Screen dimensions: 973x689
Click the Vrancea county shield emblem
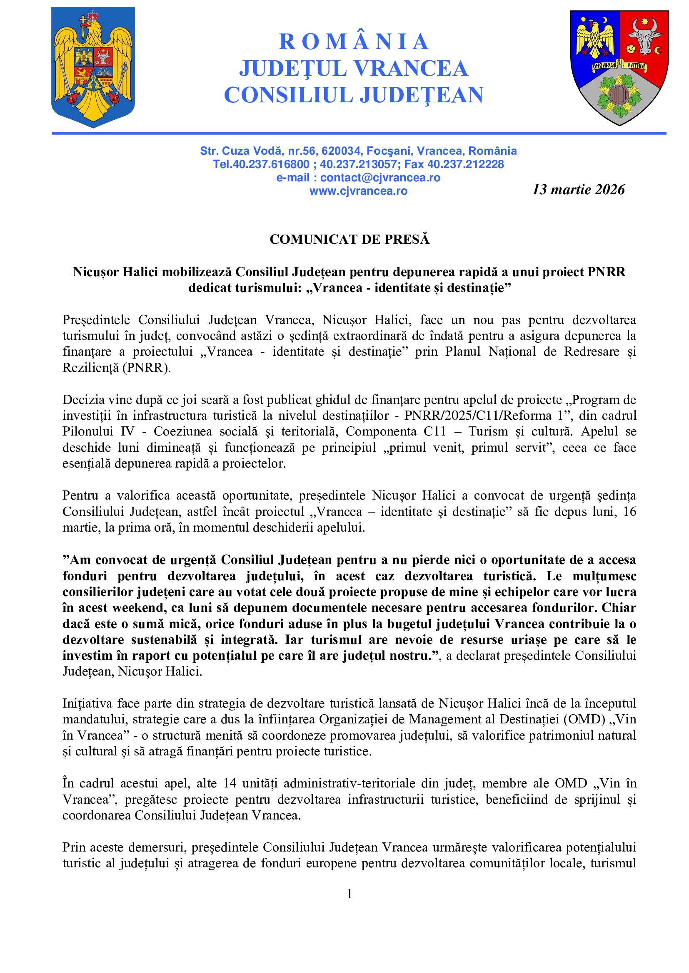pos(619,67)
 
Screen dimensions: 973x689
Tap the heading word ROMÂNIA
pos(353,42)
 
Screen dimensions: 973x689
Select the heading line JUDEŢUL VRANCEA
pos(353,68)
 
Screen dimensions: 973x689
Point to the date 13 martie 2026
pos(578,189)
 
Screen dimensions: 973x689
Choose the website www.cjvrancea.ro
pos(358,191)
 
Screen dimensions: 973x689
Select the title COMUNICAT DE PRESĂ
pos(349,240)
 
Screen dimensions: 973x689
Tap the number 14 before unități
pos(230,783)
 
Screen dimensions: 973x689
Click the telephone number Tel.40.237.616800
pos(261,164)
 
